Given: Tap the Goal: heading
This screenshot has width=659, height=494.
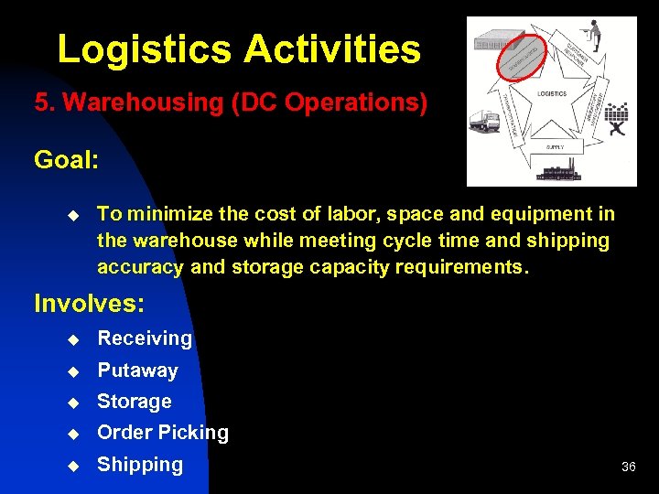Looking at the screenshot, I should [67, 160].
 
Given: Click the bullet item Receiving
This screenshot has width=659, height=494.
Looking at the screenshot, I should [145, 338].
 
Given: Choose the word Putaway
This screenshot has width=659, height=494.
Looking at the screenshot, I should [137, 370].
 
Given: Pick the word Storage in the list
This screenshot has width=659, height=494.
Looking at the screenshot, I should [135, 402].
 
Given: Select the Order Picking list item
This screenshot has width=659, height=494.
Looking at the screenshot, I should [163, 433].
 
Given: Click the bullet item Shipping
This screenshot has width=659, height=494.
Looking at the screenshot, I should [140, 465].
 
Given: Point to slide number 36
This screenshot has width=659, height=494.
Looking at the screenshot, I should [628, 467].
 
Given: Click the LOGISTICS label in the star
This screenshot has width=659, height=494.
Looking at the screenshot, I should [552, 93].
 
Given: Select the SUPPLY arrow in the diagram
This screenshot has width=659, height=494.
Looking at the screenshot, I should [555, 146].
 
